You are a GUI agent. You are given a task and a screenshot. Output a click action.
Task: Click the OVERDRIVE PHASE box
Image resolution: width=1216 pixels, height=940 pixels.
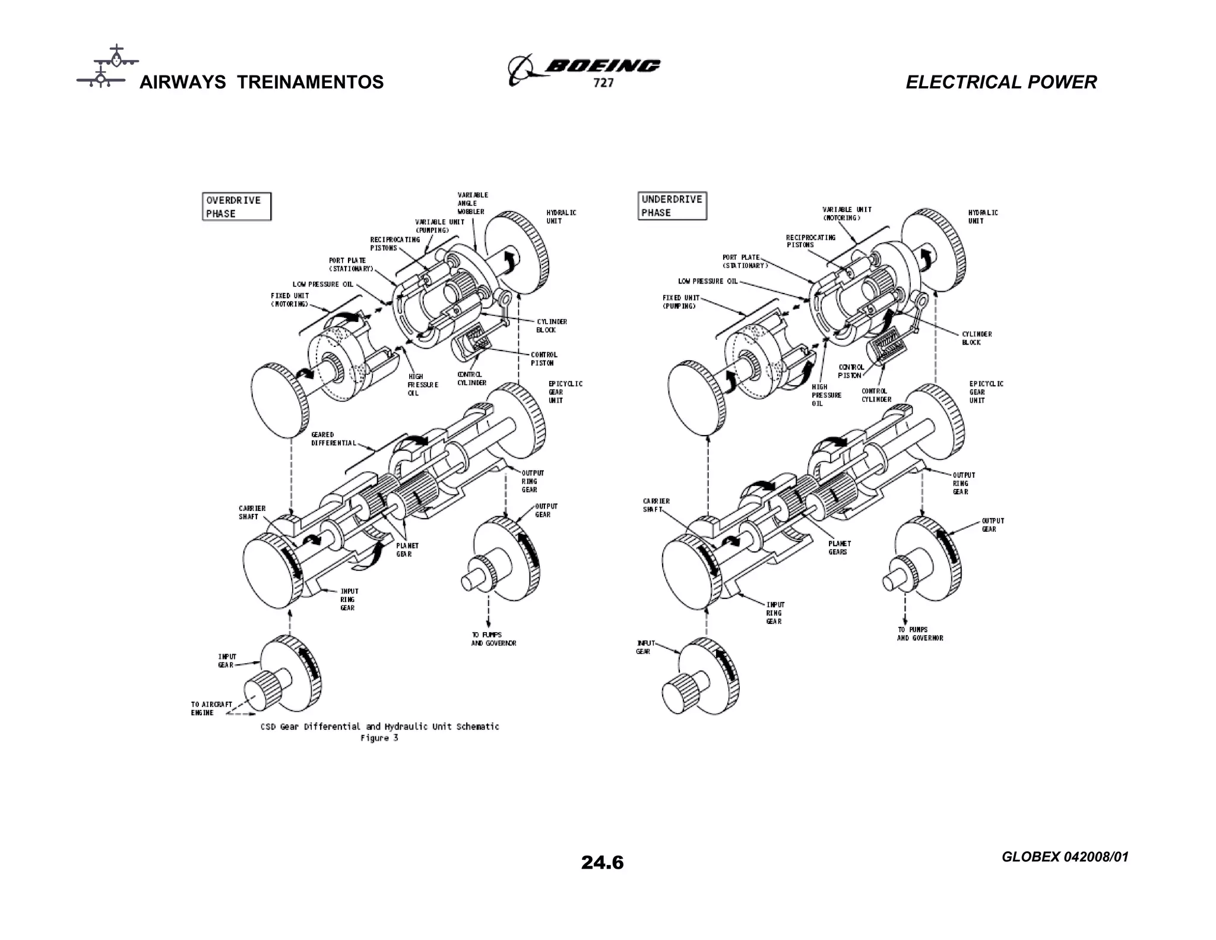[236, 207]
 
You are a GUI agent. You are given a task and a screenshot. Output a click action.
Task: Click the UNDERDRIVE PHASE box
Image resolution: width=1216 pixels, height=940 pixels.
[672, 206]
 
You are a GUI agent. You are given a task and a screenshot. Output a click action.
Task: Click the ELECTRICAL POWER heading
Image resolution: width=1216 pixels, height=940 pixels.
[1001, 82]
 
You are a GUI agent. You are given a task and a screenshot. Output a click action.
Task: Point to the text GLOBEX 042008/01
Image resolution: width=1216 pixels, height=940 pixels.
[1065, 857]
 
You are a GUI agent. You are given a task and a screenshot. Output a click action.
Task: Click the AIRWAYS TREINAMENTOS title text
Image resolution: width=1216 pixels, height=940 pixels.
[261, 82]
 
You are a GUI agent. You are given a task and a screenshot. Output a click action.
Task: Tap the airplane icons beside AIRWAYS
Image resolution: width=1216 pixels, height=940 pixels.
[107, 67]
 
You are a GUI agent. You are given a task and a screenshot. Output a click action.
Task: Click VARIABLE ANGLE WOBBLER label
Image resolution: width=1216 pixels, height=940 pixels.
[473, 203]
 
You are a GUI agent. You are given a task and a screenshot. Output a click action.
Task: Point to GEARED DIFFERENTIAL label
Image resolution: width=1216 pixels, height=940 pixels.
[333, 439]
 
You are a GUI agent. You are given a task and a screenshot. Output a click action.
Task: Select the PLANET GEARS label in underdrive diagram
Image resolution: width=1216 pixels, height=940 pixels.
[840, 548]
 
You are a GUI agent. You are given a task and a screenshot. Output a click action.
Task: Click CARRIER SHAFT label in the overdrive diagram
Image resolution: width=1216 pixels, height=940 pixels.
[252, 512]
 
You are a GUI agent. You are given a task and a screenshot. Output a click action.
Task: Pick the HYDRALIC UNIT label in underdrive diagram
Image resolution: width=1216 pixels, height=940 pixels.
[983, 217]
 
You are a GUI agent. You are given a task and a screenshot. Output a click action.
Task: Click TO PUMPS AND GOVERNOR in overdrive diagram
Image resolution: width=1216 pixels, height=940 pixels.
[493, 639]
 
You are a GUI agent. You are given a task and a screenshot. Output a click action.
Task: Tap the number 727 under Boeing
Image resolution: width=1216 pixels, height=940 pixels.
[603, 83]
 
